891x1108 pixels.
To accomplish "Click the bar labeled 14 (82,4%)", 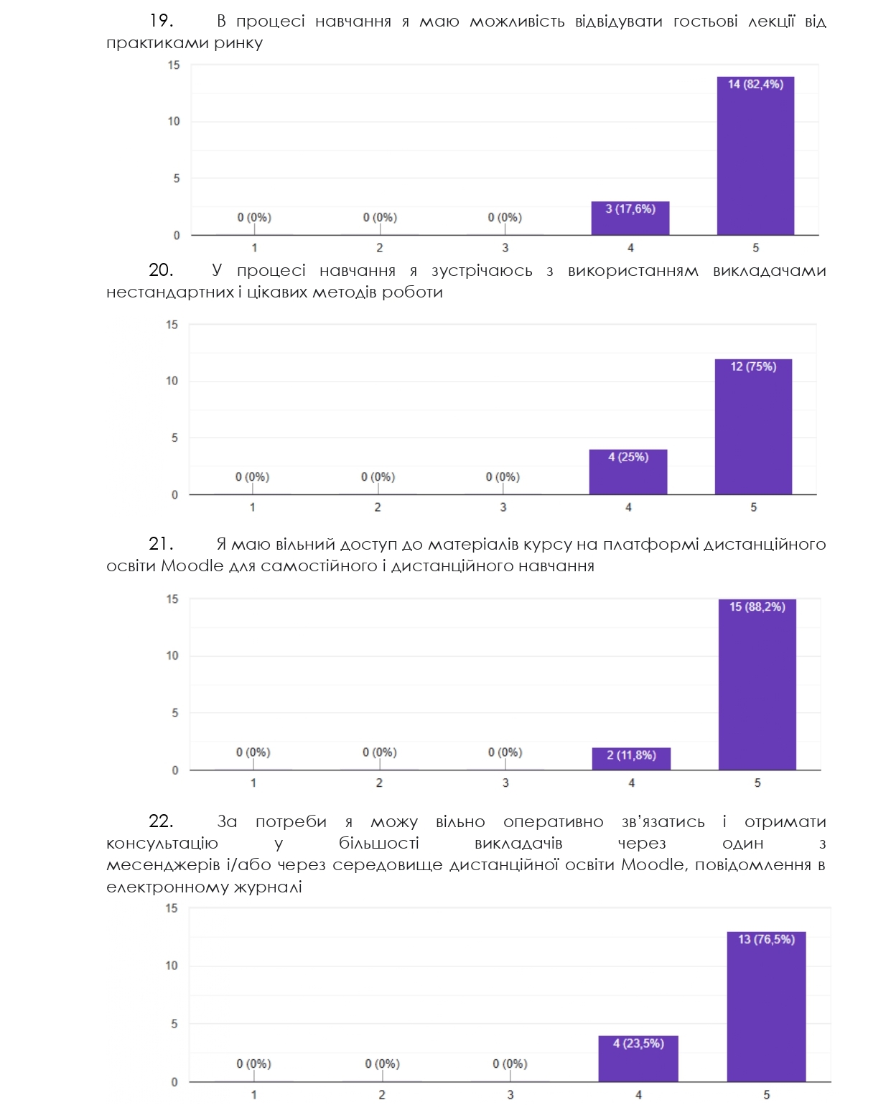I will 755,156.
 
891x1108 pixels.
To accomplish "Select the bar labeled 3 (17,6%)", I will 630,218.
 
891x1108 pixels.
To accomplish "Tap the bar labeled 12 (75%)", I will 753,427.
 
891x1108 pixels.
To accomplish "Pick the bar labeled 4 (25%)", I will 628,472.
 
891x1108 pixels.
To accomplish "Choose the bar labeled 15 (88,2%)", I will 757,685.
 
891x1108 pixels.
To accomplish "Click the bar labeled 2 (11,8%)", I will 631,759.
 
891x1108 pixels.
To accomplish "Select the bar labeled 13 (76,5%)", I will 766,1007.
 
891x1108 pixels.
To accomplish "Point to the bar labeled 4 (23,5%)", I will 638,1058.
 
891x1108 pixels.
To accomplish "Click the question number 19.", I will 161,21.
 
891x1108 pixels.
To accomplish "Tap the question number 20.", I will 161,270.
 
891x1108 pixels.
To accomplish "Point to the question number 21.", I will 161,544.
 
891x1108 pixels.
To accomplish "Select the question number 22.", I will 161,821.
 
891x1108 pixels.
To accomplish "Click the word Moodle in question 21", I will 192,565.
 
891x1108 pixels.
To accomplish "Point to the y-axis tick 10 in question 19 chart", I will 174,121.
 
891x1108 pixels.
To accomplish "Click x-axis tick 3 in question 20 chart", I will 503,507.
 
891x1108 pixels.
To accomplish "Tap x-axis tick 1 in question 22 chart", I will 254,1095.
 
